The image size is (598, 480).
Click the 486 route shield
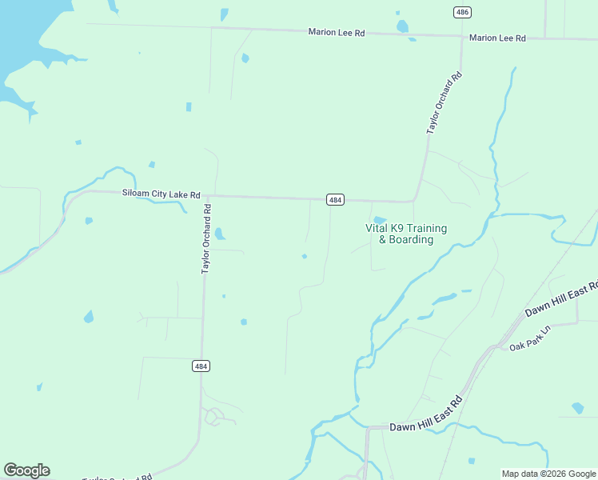coord(461,12)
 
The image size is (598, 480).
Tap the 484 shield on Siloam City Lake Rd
coord(335,199)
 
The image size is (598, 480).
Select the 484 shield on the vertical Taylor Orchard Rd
coord(201,366)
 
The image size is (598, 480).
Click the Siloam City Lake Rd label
coord(161,194)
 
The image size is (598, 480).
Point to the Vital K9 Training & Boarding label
coord(406,234)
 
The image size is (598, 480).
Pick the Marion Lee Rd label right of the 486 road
coord(497,38)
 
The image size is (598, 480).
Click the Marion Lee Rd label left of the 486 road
coord(337,32)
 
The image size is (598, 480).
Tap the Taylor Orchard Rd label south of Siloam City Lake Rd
coord(206,239)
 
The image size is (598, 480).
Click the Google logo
coord(26,470)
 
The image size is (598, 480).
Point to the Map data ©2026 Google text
coord(548,474)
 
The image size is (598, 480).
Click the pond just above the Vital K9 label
coord(380,220)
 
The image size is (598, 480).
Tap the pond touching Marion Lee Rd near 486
coord(402,27)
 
